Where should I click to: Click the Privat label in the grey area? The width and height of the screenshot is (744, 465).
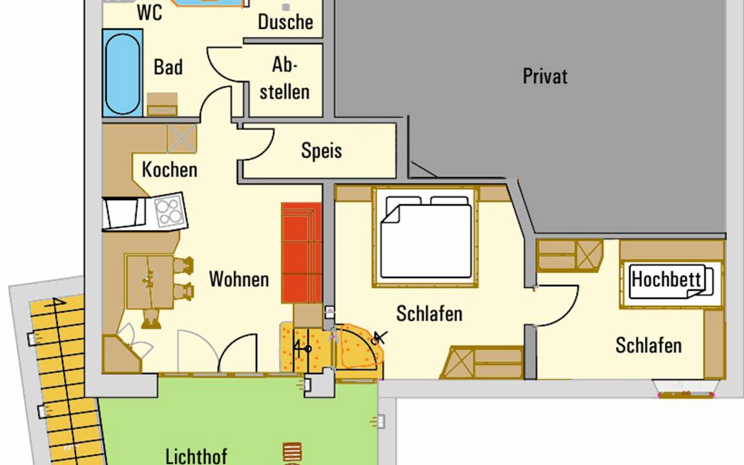544,76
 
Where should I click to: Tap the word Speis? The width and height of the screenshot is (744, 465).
321,151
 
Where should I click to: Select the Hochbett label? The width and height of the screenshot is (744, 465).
666,280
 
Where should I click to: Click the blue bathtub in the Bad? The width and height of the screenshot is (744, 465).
123,73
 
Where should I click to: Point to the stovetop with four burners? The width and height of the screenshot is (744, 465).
170,211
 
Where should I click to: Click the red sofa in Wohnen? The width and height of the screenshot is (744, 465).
302,253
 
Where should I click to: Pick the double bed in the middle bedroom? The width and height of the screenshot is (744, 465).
426,237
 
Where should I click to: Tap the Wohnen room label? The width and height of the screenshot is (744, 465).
239,279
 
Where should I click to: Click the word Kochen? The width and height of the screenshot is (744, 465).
169,170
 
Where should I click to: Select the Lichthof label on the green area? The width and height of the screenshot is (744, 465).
196,456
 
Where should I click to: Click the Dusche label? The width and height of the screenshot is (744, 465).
285,22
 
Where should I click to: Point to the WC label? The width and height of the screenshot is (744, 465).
149,12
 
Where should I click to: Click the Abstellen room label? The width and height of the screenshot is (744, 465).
284,78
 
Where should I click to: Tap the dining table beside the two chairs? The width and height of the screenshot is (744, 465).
149,282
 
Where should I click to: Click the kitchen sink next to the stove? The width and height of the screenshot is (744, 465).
123,213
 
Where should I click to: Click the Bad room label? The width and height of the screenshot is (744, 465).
168,67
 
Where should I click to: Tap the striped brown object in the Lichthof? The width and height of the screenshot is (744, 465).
292,451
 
